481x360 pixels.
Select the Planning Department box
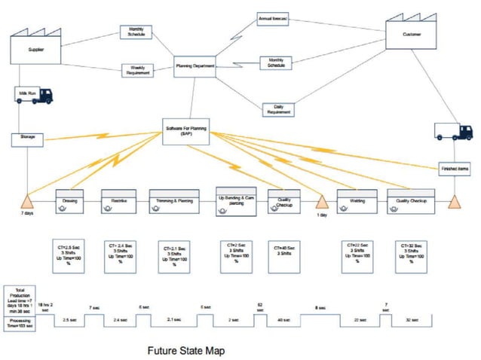(x=195, y=67)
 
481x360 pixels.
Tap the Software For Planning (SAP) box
(x=187, y=130)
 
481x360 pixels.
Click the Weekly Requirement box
(x=137, y=71)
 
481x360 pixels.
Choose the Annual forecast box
(x=273, y=17)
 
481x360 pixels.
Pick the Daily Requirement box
(x=278, y=109)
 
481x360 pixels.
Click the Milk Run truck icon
(x=34, y=95)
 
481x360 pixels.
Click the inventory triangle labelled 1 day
(x=322, y=202)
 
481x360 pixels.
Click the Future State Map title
(x=185, y=350)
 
